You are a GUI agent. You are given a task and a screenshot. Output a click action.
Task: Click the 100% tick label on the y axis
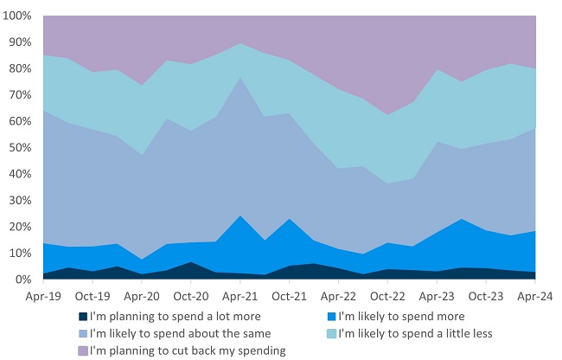(x=18, y=16)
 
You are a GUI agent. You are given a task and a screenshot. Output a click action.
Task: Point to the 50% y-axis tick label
(x=21, y=148)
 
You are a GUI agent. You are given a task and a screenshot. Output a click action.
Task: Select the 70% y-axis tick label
(x=21, y=95)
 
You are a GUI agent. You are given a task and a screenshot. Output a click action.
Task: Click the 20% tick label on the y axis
(x=21, y=227)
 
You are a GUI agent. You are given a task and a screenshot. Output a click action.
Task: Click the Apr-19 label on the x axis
(x=42, y=295)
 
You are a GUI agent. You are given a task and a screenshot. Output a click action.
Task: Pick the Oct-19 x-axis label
(x=92, y=295)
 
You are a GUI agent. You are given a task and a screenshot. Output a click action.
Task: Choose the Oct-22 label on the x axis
(x=388, y=295)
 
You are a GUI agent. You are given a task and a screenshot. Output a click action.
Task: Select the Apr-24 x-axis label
(x=536, y=295)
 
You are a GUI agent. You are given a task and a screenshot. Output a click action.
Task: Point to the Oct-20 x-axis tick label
(x=190, y=295)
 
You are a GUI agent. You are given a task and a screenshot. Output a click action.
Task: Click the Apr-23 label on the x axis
(x=437, y=295)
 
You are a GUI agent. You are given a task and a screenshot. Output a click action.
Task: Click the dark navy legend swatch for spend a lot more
(x=83, y=317)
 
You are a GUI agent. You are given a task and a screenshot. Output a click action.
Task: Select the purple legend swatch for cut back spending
(x=83, y=350)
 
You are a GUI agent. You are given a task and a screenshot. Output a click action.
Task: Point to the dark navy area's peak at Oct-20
(x=190, y=263)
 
